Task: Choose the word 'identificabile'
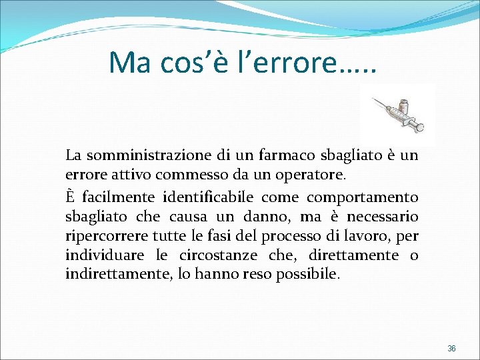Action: pyautogui.click(x=209, y=197)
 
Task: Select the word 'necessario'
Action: pyautogui.click(x=381, y=217)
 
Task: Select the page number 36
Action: pyautogui.click(x=451, y=349)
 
